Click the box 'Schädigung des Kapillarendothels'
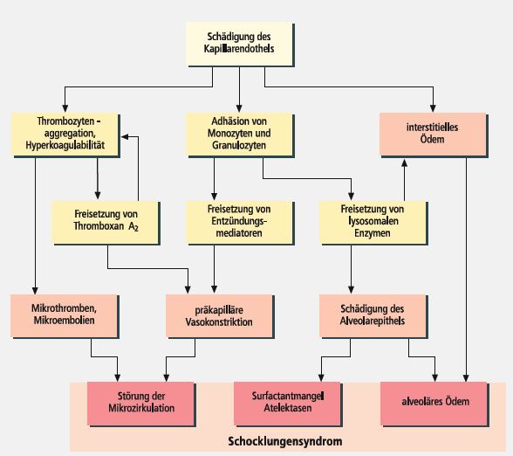pyautogui.click(x=240, y=44)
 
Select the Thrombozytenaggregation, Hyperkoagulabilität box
pyautogui.click(x=65, y=135)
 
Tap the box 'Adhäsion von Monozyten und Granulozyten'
pyautogui.click(x=240, y=135)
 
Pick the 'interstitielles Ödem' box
pyautogui.click(x=434, y=135)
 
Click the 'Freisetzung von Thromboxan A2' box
pyautogui.click(x=106, y=223)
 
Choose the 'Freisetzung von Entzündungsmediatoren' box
pyautogui.click(x=240, y=223)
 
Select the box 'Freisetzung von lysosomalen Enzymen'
pyautogui.click(x=373, y=223)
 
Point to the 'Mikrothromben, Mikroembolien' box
pyautogui.click(x=65, y=316)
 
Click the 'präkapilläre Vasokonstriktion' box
pyautogui.click(x=220, y=316)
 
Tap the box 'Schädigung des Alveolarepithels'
pyautogui.click(x=373, y=316)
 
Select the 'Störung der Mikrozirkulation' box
pyautogui.click(x=141, y=404)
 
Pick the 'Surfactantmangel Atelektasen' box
pyautogui.click(x=288, y=404)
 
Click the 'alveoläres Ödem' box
pyautogui.click(x=434, y=404)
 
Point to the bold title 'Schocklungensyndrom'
pyautogui.click(x=285, y=441)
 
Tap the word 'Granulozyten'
pyautogui.click(x=239, y=145)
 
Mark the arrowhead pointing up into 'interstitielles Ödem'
pyautogui.click(x=405, y=162)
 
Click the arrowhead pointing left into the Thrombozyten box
pyautogui.click(x=126, y=136)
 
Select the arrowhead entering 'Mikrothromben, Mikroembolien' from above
pyautogui.click(x=35, y=290)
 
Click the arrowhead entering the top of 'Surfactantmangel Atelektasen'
pyautogui.click(x=321, y=377)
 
